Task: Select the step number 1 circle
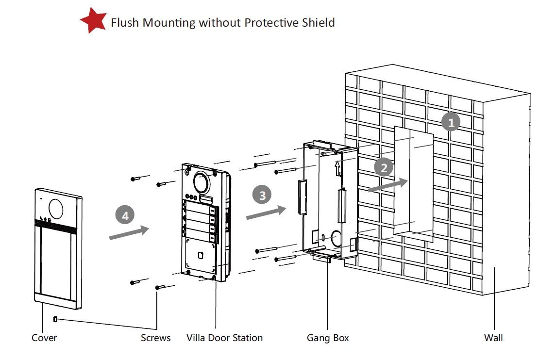click(x=451, y=123)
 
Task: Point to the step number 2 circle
click(x=384, y=168)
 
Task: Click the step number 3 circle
click(x=263, y=195)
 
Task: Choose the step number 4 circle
click(x=125, y=215)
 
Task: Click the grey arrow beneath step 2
click(x=387, y=185)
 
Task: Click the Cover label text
click(x=44, y=338)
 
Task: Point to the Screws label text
click(x=156, y=338)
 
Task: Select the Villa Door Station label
click(x=224, y=338)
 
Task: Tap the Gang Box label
click(x=328, y=338)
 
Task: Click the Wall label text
click(x=493, y=338)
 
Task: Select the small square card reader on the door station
click(x=200, y=254)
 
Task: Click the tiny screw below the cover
click(x=55, y=319)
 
